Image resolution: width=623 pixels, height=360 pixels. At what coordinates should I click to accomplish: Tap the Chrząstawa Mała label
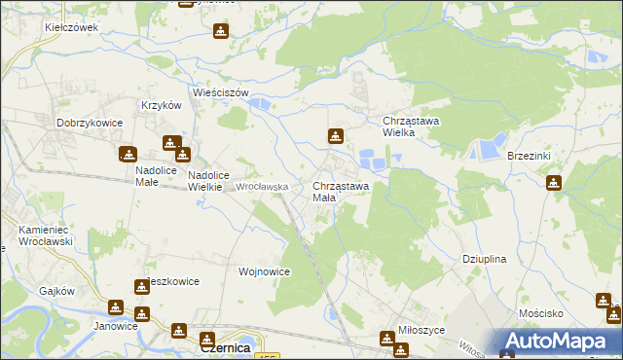pyautogui.click(x=340, y=191)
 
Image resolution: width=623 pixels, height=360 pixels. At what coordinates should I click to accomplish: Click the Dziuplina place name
pyautogui.click(x=483, y=260)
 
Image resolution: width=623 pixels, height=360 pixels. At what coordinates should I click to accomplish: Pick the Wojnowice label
pyautogui.click(x=264, y=271)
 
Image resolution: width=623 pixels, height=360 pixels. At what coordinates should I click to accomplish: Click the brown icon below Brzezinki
pyautogui.click(x=554, y=182)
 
